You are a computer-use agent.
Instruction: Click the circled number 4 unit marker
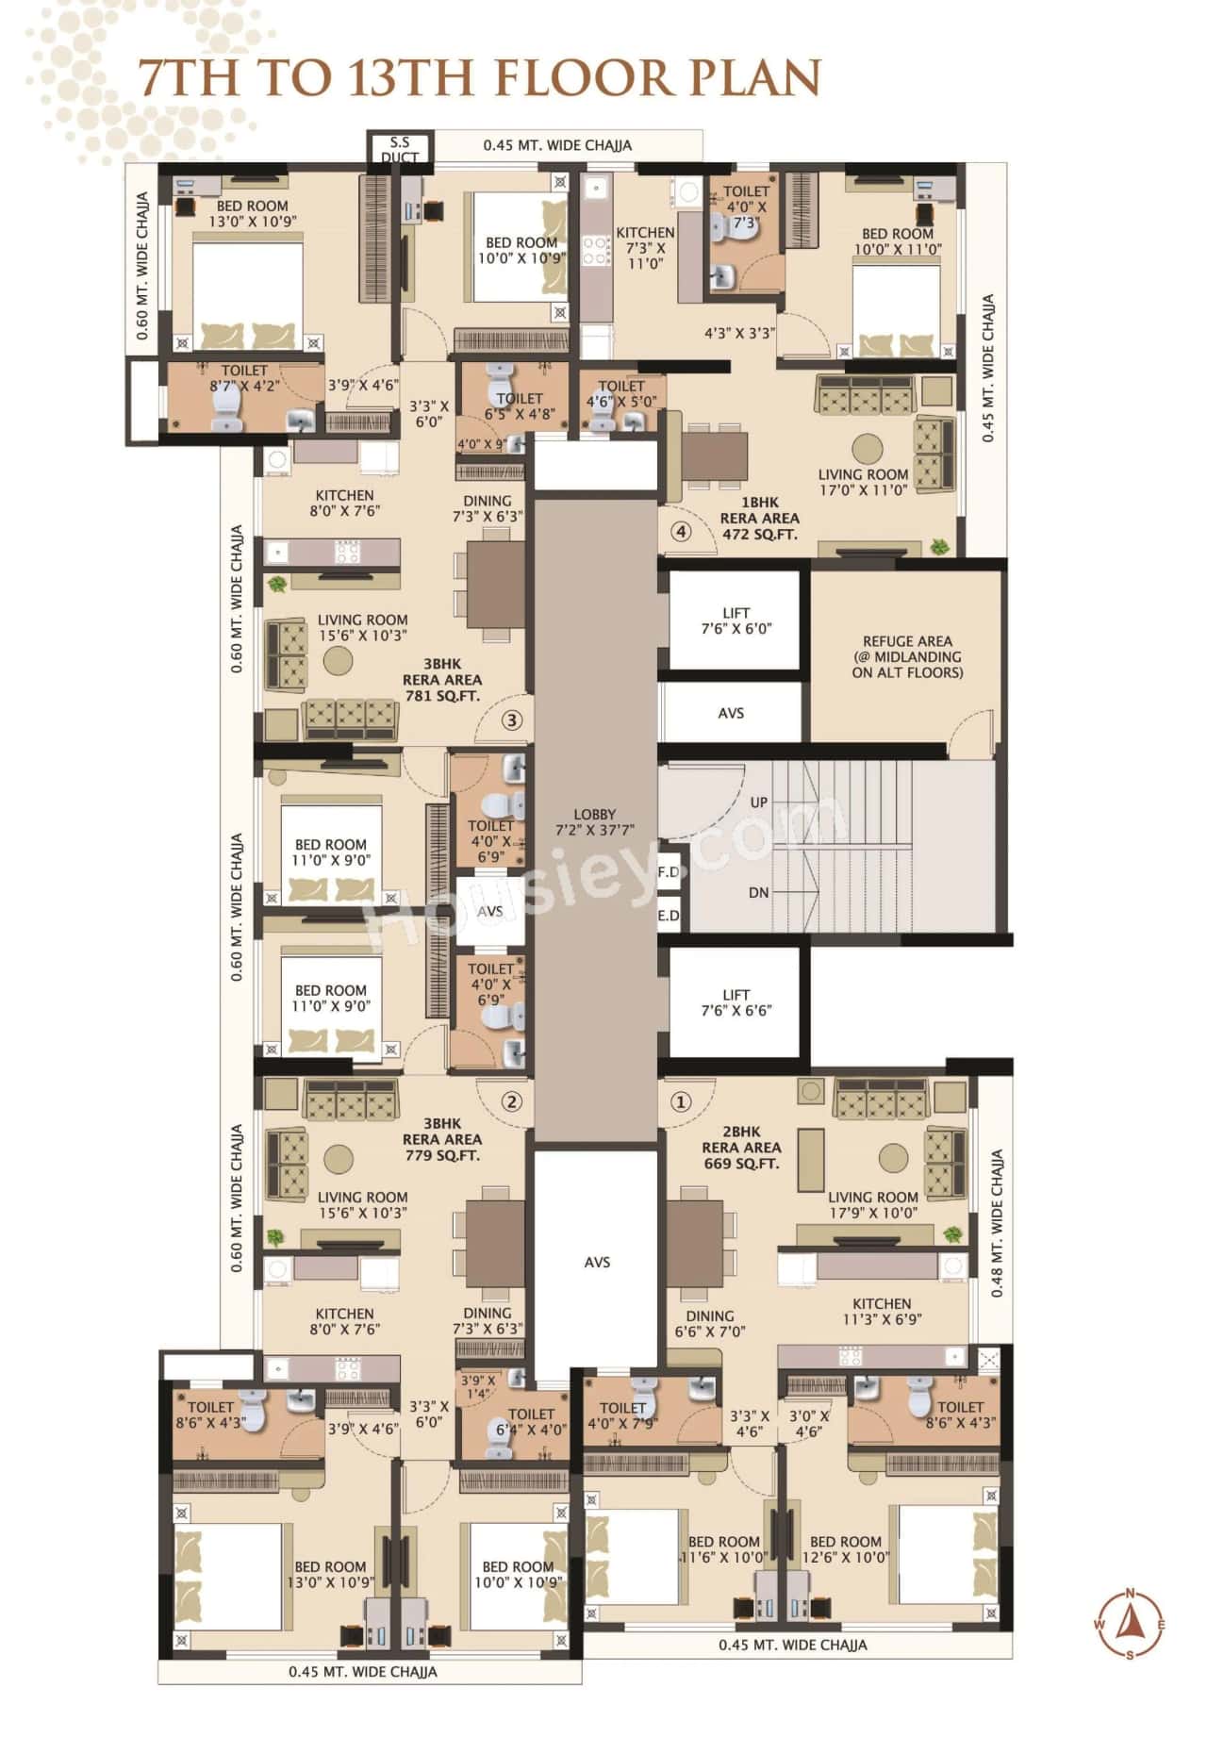[x=681, y=532]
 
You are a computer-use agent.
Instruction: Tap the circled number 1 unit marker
[x=680, y=1101]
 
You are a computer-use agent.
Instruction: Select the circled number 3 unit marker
[x=511, y=720]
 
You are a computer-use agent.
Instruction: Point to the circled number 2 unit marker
[x=511, y=1101]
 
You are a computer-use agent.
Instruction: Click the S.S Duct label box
[x=400, y=149]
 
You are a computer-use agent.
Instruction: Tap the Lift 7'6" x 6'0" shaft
[x=736, y=620]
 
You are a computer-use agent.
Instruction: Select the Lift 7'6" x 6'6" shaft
[x=736, y=1001]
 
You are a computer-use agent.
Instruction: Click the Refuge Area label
[x=907, y=656]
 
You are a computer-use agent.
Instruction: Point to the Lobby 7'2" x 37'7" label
[x=594, y=822]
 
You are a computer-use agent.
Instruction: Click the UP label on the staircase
[x=759, y=802]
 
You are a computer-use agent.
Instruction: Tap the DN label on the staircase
[x=758, y=892]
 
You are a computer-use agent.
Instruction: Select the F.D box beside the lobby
[x=668, y=872]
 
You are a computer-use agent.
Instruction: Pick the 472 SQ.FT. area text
[x=759, y=534]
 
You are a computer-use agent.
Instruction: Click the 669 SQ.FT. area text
[x=741, y=1164]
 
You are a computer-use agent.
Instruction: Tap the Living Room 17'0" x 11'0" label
[x=863, y=482]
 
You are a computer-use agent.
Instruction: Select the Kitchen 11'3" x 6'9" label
[x=882, y=1312]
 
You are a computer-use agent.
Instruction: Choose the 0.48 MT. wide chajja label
[x=998, y=1222]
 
